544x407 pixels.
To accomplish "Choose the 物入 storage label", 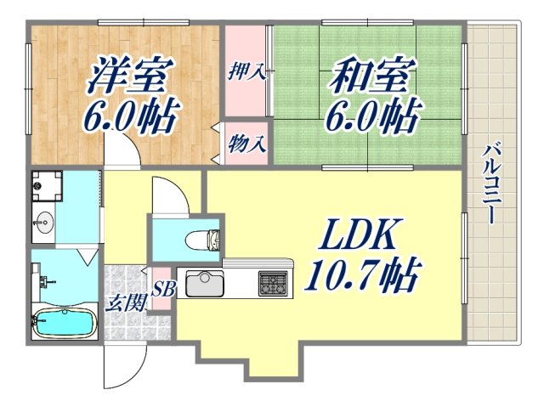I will coord(247,144).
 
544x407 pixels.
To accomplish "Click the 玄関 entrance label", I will coord(125,301).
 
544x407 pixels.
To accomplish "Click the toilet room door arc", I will coord(170,195).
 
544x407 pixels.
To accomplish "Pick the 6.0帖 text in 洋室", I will coord(130,116).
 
